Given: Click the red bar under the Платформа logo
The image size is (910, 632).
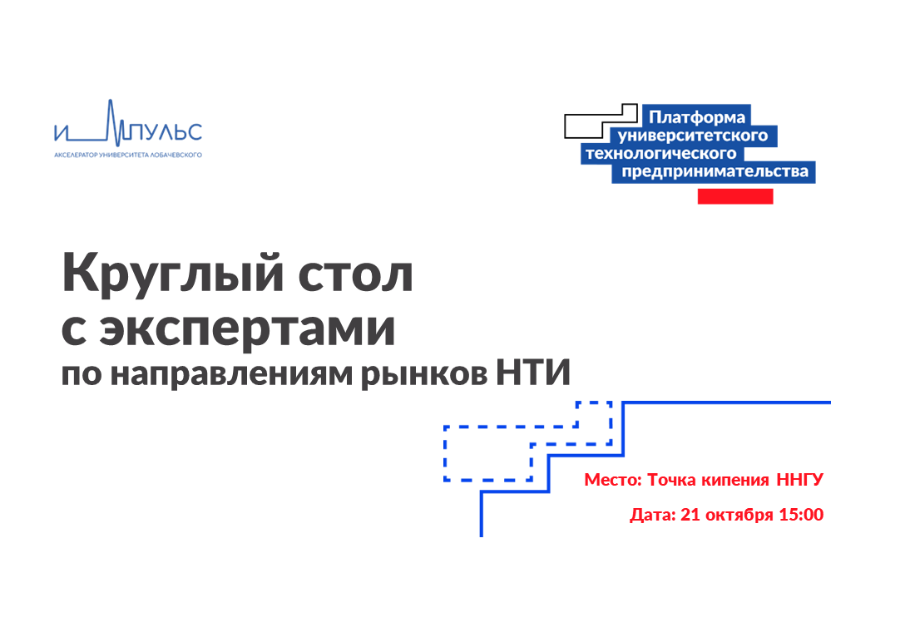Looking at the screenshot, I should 734,196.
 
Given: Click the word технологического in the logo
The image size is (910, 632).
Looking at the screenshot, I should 662,153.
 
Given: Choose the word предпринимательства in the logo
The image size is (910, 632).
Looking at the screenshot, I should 714,172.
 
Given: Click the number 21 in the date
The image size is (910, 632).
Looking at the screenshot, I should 690,515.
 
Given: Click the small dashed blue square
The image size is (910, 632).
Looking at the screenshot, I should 594,413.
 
